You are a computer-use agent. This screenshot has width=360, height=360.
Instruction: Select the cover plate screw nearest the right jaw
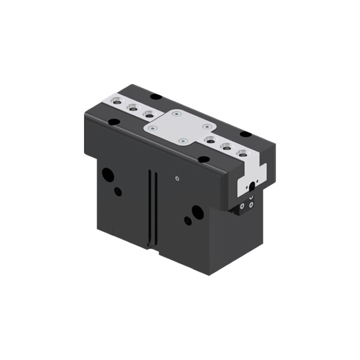tap(207, 126)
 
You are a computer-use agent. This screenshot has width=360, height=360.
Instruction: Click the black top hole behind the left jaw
tap(156, 96)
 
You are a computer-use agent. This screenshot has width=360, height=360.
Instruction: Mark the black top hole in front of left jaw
tap(114, 122)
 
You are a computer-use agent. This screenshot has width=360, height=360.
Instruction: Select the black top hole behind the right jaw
tap(245, 134)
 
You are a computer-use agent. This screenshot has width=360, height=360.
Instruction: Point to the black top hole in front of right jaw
tap(204, 159)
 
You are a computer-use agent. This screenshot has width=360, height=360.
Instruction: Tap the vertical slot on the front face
tap(152, 206)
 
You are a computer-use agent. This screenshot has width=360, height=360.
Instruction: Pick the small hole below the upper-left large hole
tap(118, 192)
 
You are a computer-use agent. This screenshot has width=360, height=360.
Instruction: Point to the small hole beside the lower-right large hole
tap(188, 221)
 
